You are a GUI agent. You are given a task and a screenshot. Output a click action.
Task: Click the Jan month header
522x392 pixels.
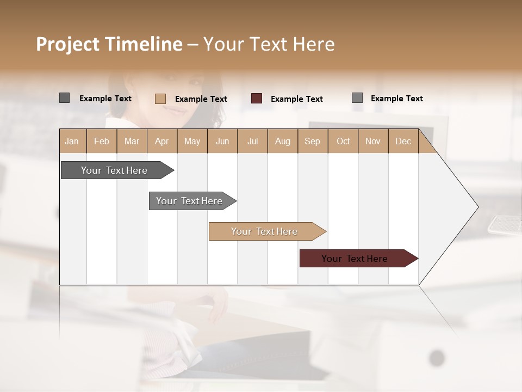(72, 142)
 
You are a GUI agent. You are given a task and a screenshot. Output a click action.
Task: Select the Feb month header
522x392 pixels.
(102, 142)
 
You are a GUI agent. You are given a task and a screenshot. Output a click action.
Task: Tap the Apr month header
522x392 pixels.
(161, 142)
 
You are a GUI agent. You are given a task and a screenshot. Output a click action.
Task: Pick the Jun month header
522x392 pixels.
(222, 142)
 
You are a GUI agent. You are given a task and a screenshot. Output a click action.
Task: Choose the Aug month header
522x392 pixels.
(282, 142)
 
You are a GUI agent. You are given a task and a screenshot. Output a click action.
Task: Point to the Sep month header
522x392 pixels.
(312, 142)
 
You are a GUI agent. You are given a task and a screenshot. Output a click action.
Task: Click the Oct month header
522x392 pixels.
(343, 142)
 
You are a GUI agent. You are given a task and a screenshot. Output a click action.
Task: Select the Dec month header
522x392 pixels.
(403, 142)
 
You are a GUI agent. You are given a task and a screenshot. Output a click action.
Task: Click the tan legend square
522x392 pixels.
(160, 99)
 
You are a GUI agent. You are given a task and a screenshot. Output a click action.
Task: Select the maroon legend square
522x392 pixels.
(257, 99)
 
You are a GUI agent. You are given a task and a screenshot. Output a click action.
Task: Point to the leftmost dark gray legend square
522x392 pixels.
(64, 98)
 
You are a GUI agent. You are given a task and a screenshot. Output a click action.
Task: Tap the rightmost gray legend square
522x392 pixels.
(357, 98)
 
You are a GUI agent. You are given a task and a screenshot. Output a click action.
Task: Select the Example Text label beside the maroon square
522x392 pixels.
(296, 99)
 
